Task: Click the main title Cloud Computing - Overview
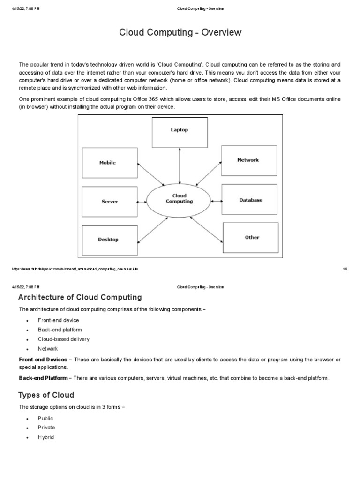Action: (180, 32)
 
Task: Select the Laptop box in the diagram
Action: (180, 132)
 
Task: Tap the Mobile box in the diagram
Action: (110, 163)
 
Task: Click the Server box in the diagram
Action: (110, 202)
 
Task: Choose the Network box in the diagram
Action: (248, 160)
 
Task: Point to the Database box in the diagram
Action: (251, 200)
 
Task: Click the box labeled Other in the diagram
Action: (252, 238)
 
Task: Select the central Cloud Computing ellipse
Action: (180, 199)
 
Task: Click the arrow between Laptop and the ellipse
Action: (180, 165)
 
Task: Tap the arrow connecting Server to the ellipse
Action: (142, 201)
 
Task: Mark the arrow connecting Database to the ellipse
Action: (217, 201)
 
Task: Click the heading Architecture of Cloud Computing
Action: (80, 297)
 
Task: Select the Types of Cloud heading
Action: (46, 395)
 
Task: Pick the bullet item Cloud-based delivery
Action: (64, 339)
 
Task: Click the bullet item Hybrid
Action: (46, 437)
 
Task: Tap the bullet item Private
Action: (46, 427)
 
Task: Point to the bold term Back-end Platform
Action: (43, 378)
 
